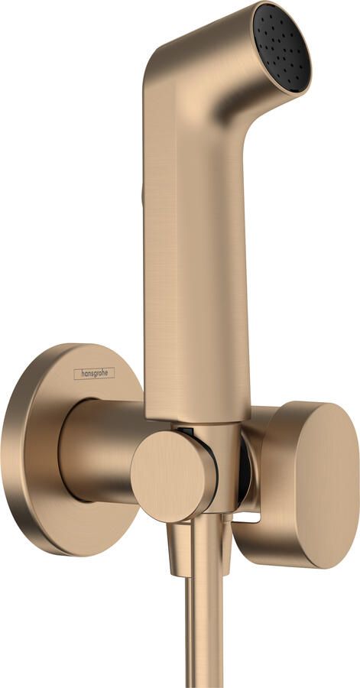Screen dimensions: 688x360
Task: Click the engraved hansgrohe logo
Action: click(x=94, y=373)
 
